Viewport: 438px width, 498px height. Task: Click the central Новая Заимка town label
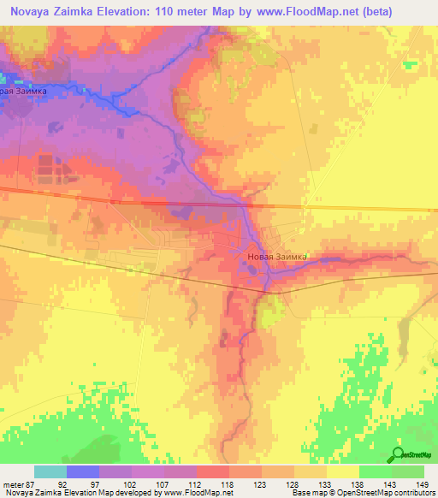coord(275,255)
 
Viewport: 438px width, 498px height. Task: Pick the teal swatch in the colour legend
coord(50,471)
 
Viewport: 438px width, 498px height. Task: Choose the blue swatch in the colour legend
coord(83,471)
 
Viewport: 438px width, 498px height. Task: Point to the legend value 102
coord(127,483)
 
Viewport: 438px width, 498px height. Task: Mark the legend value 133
coord(324,483)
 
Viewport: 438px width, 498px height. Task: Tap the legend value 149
coord(422,483)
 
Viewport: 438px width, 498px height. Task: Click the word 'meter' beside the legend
coord(11,483)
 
